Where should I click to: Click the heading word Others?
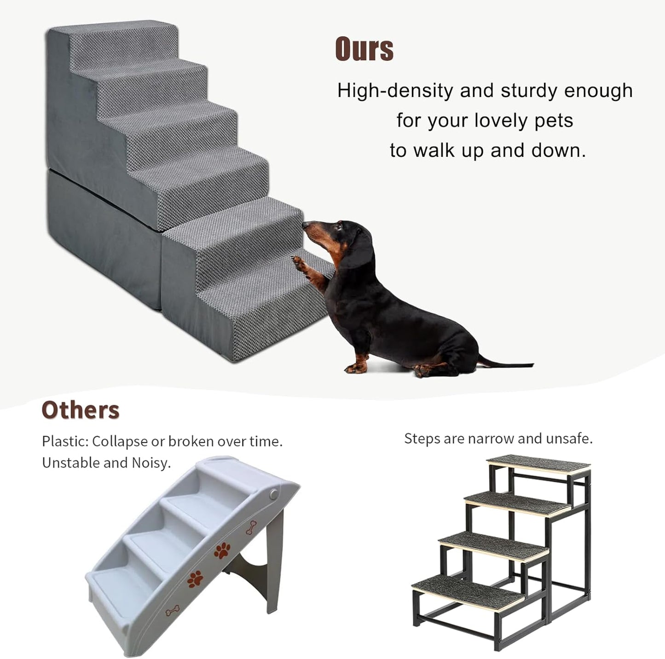[81, 410]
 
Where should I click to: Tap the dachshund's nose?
[305, 225]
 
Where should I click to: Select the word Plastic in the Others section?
[64, 441]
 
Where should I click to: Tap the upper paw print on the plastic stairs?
[222, 550]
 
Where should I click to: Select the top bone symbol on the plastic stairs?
[251, 527]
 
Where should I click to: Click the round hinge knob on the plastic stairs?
[274, 495]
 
